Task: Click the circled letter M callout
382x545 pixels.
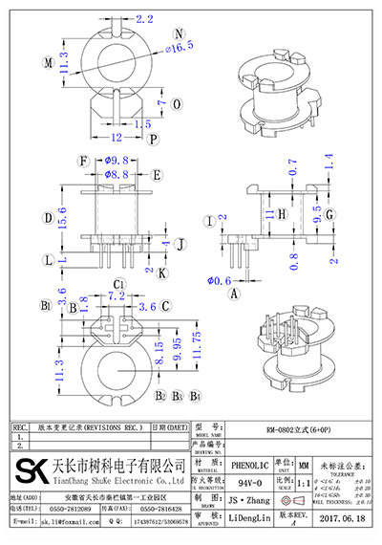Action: coord(47,63)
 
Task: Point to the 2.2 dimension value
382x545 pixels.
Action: coord(144,18)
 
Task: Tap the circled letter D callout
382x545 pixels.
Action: coord(47,218)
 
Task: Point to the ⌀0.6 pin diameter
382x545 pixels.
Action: coord(221,279)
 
